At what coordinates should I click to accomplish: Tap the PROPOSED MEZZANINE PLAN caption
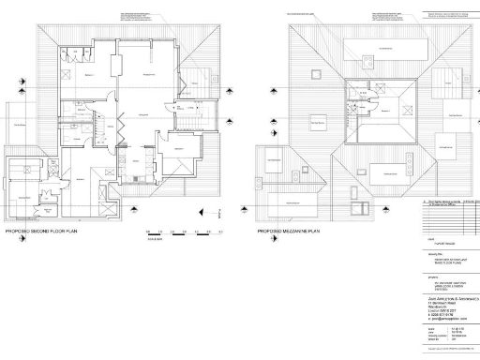pos(292,231)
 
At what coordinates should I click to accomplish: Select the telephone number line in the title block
pos(435,314)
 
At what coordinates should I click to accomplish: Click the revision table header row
pos(446,201)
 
